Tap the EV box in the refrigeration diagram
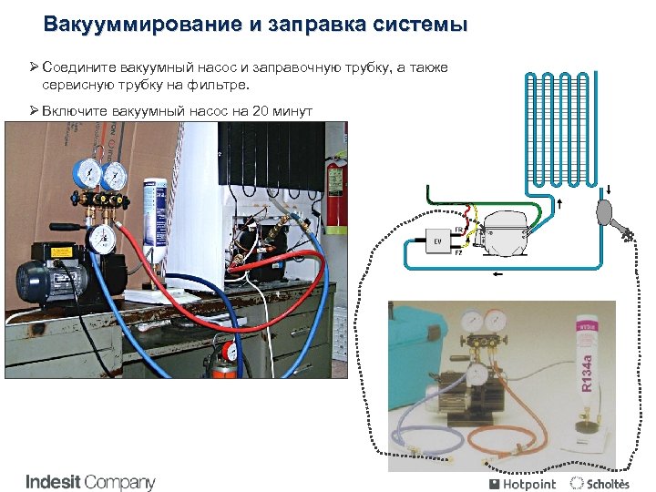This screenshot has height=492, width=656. [436, 242]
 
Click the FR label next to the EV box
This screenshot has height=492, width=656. [457, 230]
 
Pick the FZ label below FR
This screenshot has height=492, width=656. [457, 254]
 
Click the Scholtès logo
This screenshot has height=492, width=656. [600, 484]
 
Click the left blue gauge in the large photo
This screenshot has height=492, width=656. [89, 173]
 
